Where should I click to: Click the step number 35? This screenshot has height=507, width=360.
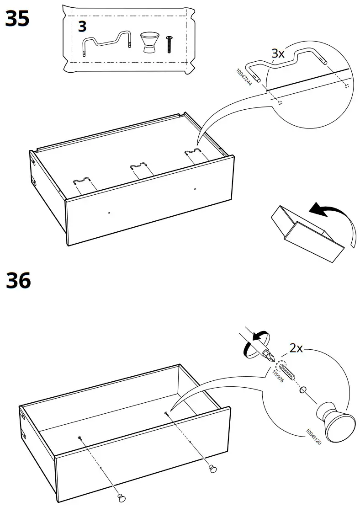(x=18, y=20)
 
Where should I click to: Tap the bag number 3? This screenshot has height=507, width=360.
(x=82, y=27)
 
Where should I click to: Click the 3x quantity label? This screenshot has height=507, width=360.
(x=278, y=53)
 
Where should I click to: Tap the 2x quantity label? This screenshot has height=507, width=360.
(x=296, y=348)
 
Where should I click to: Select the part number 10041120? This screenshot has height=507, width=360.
(x=313, y=437)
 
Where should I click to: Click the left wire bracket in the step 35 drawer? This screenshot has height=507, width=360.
(x=82, y=182)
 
